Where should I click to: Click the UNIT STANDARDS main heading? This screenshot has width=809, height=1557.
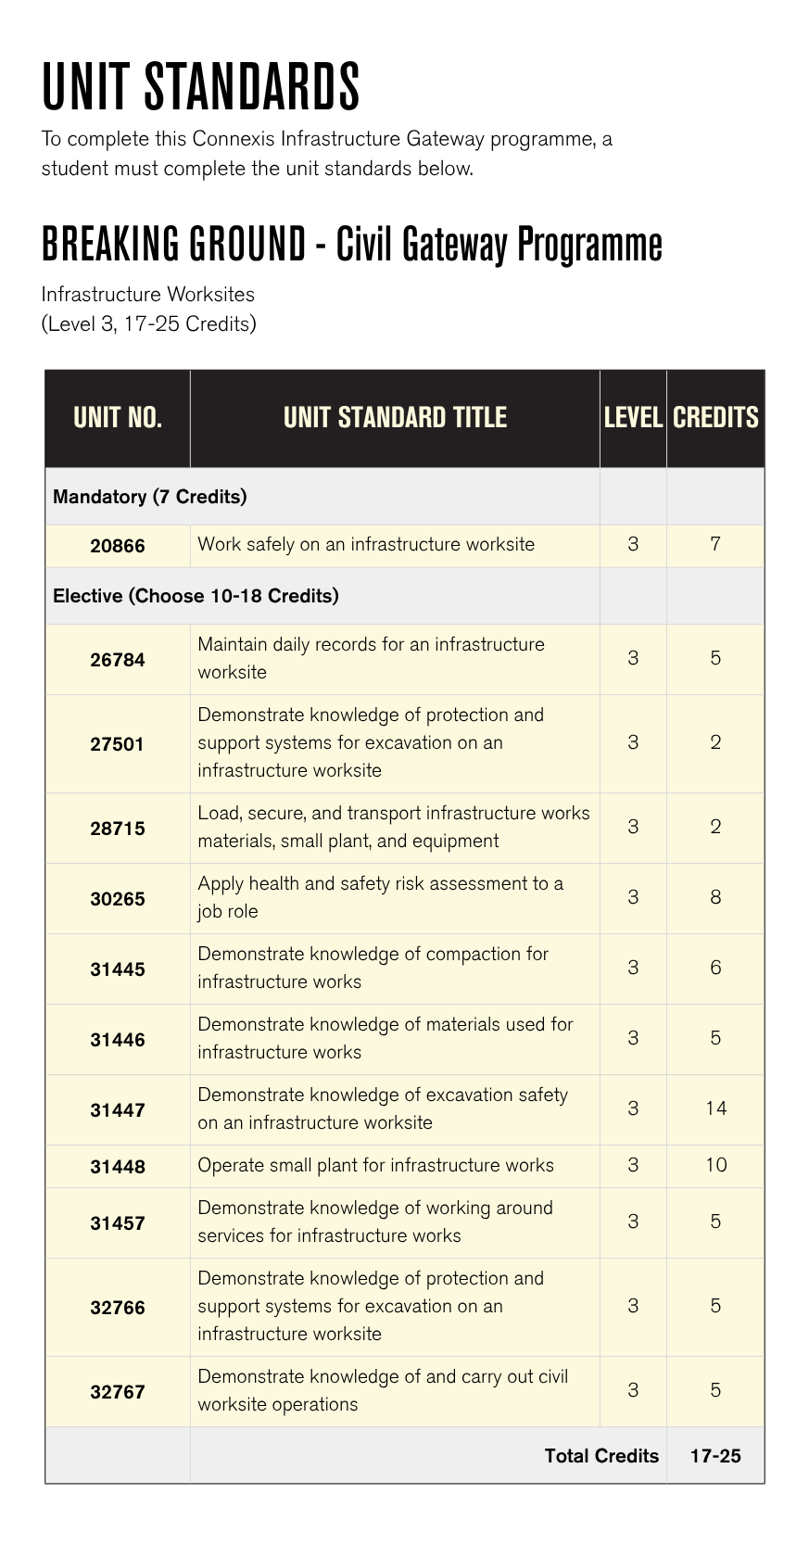click(x=200, y=87)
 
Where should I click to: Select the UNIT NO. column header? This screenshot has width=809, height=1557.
click(x=118, y=418)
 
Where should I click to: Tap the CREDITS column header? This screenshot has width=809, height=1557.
click(x=715, y=418)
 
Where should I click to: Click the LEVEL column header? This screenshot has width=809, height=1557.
click(x=633, y=418)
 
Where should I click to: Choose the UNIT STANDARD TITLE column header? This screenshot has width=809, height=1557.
click(x=395, y=418)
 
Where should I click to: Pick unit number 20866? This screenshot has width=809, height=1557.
click(x=118, y=546)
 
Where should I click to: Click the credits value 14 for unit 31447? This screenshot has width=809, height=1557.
click(x=715, y=1108)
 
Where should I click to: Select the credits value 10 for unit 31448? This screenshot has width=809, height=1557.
click(x=715, y=1165)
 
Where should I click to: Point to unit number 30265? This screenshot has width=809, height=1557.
click(x=118, y=899)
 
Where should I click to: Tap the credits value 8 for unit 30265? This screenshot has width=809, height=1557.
click(x=715, y=897)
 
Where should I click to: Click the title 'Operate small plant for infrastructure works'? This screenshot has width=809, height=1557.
click(x=375, y=1165)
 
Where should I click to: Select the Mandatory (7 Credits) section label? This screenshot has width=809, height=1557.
click(x=150, y=497)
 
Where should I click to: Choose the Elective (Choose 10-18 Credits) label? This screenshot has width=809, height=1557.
click(x=196, y=596)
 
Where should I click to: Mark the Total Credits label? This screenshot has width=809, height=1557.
click(x=601, y=1456)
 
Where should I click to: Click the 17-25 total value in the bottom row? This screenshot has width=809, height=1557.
click(x=715, y=1456)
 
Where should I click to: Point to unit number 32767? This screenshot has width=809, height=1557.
click(x=118, y=1392)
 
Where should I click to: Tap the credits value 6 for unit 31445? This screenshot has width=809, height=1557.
click(x=715, y=968)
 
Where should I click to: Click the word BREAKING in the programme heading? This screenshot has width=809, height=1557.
click(x=109, y=246)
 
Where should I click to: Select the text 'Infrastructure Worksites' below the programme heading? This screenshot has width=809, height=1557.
click(x=148, y=295)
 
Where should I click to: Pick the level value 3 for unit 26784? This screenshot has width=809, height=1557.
click(x=633, y=658)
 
